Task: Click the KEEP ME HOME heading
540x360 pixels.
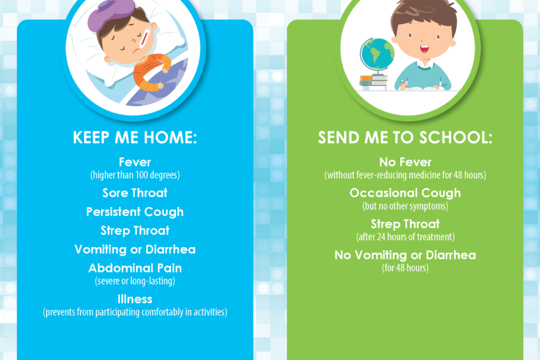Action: coord(135,137)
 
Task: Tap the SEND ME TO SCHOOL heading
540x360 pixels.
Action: coord(405,137)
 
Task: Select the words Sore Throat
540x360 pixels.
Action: coord(135,193)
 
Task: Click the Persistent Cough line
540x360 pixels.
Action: coord(135,212)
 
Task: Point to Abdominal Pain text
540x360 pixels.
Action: coord(135,268)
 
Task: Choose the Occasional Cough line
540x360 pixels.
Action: coord(405,193)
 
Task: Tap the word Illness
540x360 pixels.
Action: coord(135,299)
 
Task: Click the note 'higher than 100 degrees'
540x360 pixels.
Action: coord(135,175)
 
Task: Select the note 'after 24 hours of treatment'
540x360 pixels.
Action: coord(406,237)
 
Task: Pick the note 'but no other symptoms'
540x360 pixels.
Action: coord(406,206)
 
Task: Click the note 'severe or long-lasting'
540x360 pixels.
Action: coord(135,281)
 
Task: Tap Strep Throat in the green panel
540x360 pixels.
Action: coord(405,224)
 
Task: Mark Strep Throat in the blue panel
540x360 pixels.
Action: coord(135,230)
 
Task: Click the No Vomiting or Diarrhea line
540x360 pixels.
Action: coord(405,255)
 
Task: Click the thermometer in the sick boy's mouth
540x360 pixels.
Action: coord(143,40)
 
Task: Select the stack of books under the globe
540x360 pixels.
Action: coord(373,83)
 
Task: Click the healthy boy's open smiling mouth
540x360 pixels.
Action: coord(425,49)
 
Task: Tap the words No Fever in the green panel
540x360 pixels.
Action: coord(405,162)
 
